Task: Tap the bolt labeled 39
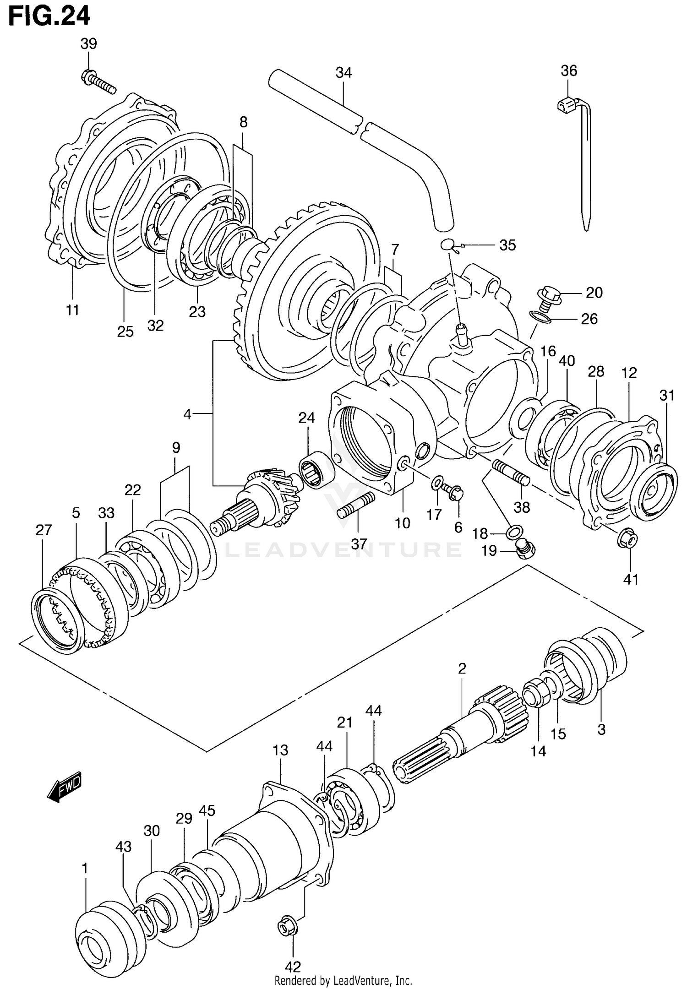(x=98, y=81)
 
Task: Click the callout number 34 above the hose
(x=343, y=72)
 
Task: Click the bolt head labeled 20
(x=548, y=293)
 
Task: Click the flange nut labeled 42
(x=287, y=926)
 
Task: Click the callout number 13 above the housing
(x=280, y=750)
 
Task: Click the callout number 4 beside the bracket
(x=187, y=414)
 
